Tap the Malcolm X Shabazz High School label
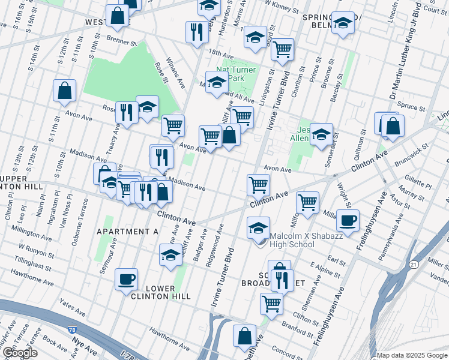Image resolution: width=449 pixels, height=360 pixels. (291, 240)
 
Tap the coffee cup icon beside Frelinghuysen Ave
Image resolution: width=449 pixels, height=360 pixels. (348, 220)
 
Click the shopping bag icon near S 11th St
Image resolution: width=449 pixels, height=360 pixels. (65, 91)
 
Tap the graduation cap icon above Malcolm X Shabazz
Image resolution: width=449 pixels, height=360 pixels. (258, 228)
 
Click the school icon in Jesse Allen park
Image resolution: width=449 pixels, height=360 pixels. (321, 135)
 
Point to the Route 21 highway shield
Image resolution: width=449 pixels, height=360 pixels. (414, 264)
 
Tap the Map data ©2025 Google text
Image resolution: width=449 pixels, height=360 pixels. (412, 355)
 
